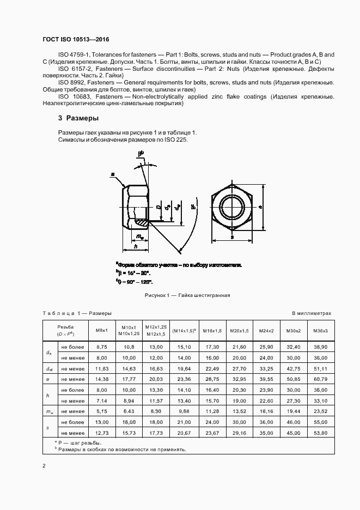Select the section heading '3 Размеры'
tap(78, 118)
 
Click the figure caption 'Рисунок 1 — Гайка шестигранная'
tap(187, 295)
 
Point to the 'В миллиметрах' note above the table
tap(311, 313)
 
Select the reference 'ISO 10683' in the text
tap(72, 96)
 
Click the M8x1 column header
tap(102, 331)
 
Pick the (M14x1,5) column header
tap(184, 331)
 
